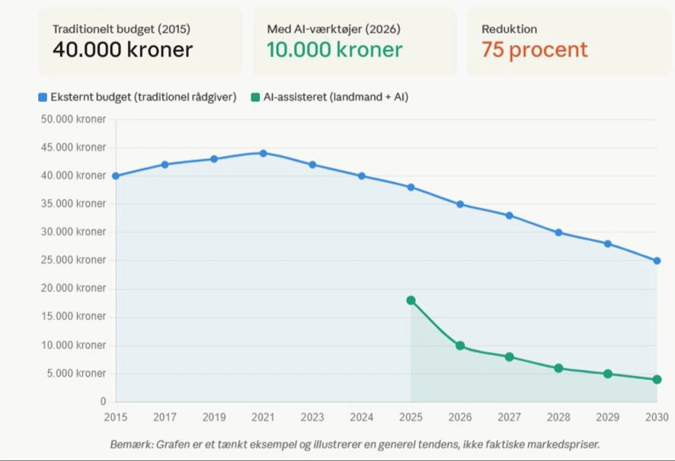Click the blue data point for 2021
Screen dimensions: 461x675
(x=263, y=153)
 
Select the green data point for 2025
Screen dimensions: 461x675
(x=411, y=300)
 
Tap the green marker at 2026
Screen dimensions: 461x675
(x=460, y=346)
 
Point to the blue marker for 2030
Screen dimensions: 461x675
(x=657, y=261)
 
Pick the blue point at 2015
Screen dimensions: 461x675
(x=116, y=176)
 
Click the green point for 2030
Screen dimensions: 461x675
(x=657, y=379)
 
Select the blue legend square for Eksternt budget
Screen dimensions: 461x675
(x=43, y=97)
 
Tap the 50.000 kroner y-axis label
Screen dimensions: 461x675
(x=74, y=120)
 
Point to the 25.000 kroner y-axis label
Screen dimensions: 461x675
(x=74, y=261)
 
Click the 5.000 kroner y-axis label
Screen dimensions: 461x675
(x=77, y=373)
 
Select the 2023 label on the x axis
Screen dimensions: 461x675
(x=312, y=418)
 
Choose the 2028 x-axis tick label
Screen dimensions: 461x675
(x=558, y=418)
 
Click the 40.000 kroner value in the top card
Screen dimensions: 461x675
(x=122, y=50)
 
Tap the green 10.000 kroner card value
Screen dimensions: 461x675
(x=334, y=50)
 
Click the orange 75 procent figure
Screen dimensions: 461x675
(x=534, y=50)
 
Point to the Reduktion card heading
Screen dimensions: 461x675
(x=509, y=29)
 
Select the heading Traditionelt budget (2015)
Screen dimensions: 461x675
(x=121, y=29)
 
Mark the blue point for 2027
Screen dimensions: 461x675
(x=509, y=216)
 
